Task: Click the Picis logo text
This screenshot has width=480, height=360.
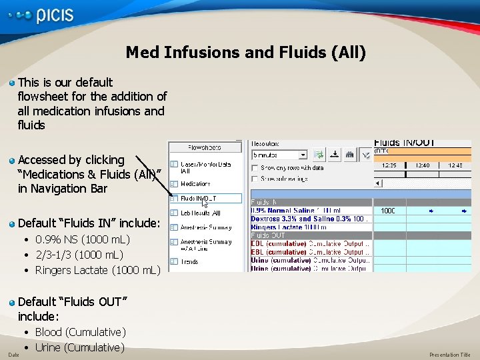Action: (55, 16)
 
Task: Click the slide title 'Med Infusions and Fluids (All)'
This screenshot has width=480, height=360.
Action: (245, 52)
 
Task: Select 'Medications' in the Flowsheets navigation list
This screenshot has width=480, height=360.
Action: (195, 183)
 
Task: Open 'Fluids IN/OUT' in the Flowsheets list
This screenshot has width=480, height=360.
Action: (198, 198)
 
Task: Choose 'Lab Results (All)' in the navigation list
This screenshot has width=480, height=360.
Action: (200, 213)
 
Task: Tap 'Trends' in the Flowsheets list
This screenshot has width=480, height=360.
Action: (189, 261)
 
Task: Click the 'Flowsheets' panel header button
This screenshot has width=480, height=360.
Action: (204, 147)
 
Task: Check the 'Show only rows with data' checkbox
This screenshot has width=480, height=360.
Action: (255, 168)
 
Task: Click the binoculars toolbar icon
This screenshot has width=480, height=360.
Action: (349, 155)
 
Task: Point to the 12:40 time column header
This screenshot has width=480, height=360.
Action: (423, 165)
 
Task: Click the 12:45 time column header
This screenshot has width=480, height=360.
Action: (455, 165)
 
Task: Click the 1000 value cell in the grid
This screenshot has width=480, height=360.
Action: (387, 211)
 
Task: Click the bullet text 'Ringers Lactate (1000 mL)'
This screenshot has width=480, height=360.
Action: (97, 270)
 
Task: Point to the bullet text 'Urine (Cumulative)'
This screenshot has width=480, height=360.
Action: (79, 347)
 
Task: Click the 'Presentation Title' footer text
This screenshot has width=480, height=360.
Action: (449, 355)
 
